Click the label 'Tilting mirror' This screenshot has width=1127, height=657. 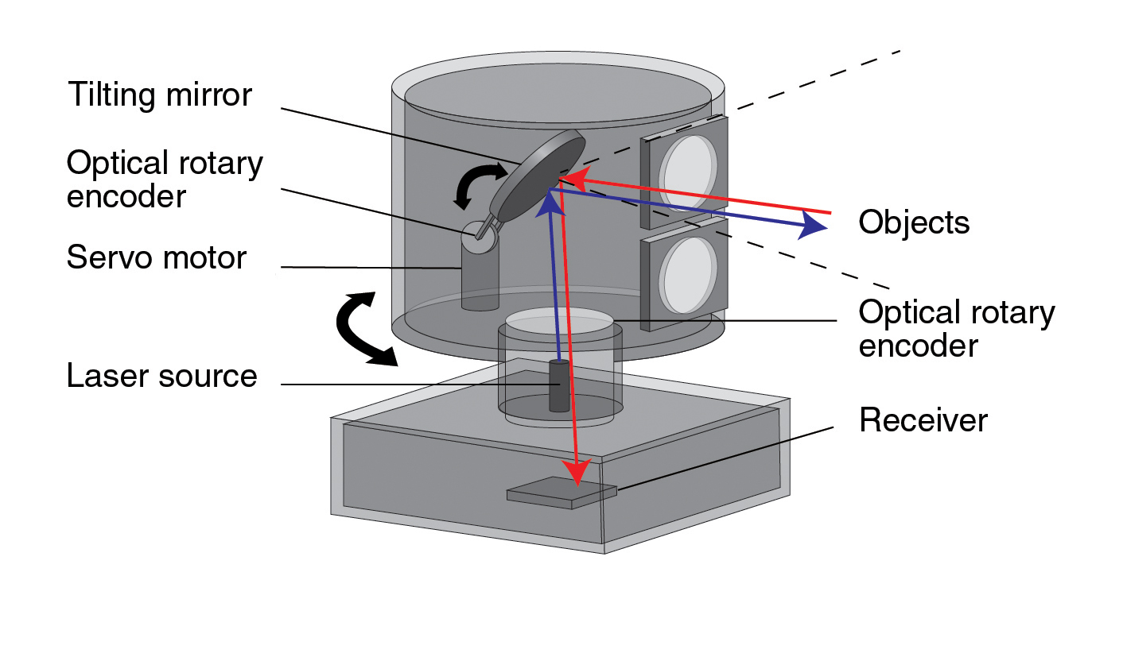click(159, 95)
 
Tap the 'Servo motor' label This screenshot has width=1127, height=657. click(157, 258)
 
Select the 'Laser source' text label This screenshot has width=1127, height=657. click(162, 376)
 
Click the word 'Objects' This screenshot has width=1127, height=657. click(914, 222)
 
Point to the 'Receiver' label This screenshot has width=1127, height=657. click(923, 420)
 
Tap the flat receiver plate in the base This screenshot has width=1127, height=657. click(562, 493)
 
